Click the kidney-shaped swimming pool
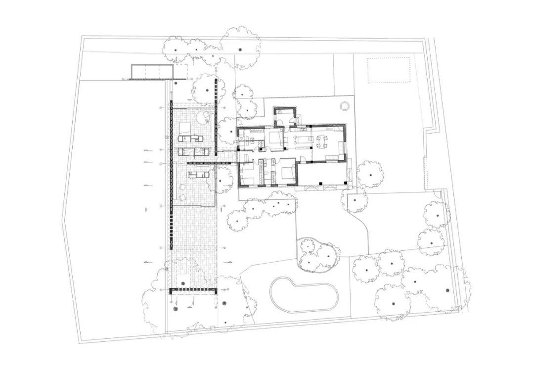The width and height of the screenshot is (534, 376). (x=304, y=295)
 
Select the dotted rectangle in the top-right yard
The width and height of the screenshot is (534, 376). (x=389, y=70)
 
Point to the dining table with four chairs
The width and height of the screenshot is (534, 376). (x=322, y=141)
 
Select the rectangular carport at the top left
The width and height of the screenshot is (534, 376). (x=151, y=72)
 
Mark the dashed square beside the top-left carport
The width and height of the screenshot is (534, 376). (x=180, y=72)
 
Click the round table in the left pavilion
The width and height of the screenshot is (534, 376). (x=203, y=117)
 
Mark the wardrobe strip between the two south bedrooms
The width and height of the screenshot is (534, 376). (x=271, y=172)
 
